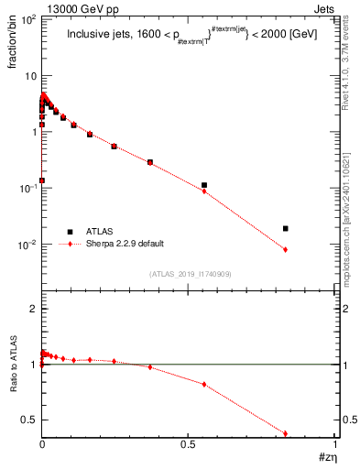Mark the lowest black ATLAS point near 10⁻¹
[x=42, y=180]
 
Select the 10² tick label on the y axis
[x=28, y=19]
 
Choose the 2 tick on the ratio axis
[x=32, y=310]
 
